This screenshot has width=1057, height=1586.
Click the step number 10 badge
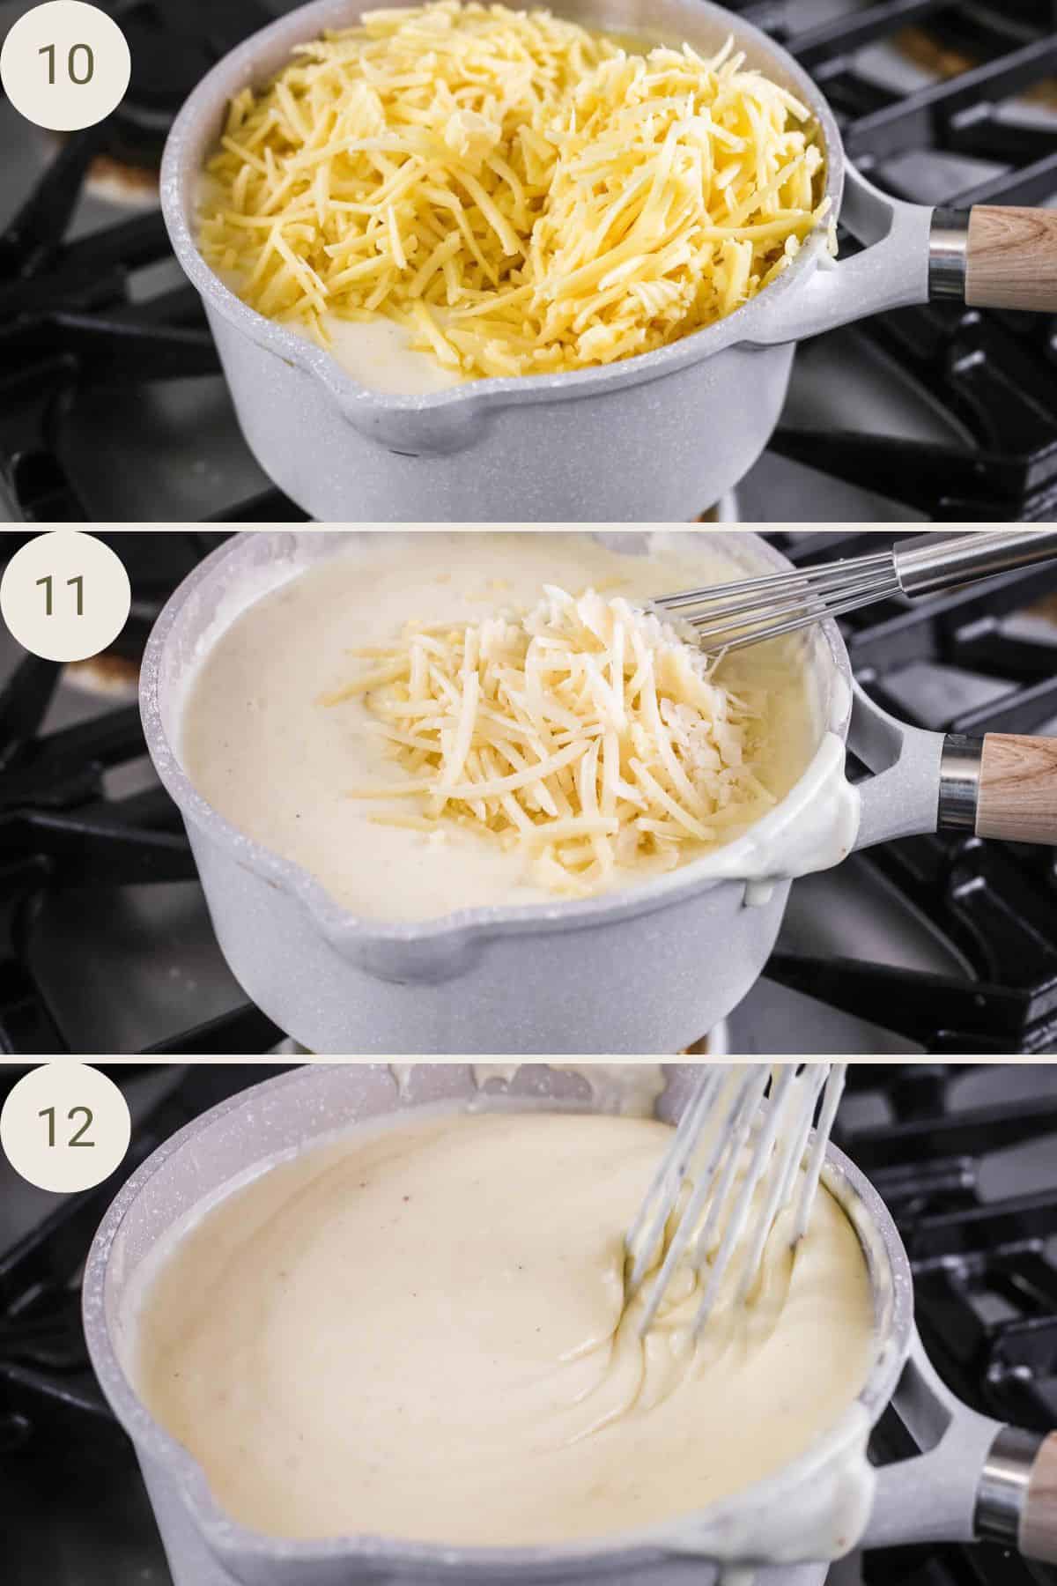tap(64, 66)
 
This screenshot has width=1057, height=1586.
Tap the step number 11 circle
tap(64, 597)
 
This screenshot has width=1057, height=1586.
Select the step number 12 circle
tap(64, 1125)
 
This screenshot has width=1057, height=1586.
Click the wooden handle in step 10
tap(1013, 256)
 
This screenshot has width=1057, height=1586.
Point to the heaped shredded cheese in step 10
tap(493, 176)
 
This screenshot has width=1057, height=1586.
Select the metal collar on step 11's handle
tap(960, 784)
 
